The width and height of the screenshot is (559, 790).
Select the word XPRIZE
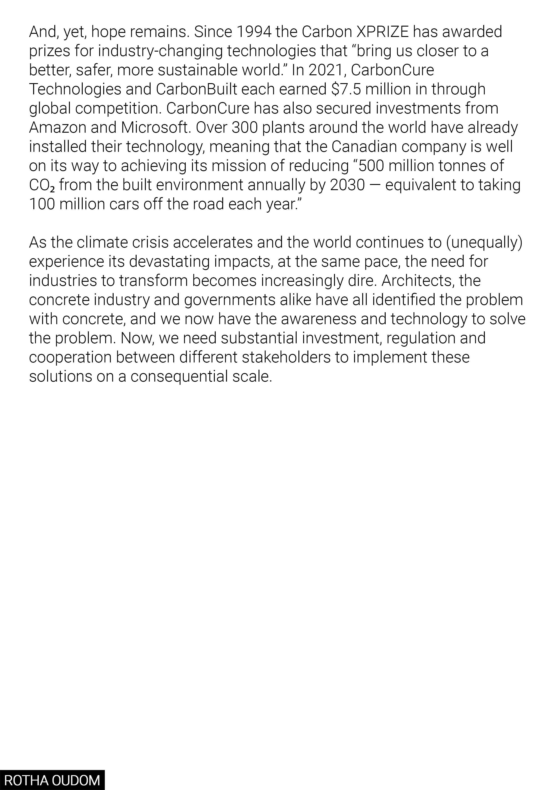pyautogui.click(x=383, y=32)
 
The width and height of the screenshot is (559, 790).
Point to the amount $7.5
pyautogui.click(x=346, y=89)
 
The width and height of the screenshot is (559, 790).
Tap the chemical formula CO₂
pyautogui.click(x=42, y=185)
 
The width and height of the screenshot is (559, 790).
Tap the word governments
pyautogui.click(x=230, y=300)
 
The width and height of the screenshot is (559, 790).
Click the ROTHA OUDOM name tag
pyautogui.click(x=52, y=780)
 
